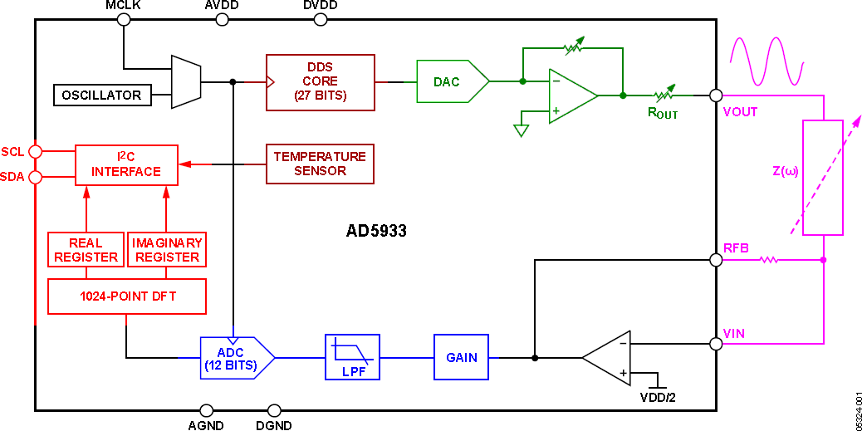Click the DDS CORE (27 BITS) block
click(x=320, y=81)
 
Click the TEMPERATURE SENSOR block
click(x=320, y=164)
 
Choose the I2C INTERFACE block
click(x=126, y=164)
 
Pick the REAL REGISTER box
click(x=86, y=250)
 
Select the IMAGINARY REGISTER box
click(x=167, y=250)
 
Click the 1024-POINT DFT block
click(x=127, y=296)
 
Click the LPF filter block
click(x=352, y=357)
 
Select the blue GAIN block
click(x=461, y=357)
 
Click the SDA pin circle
click(x=35, y=177)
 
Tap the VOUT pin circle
click(x=716, y=96)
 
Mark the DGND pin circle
click(x=274, y=410)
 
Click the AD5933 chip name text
click(x=376, y=231)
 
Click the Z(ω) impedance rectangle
click(x=822, y=178)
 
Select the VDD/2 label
click(x=659, y=397)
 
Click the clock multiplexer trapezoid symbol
click(x=185, y=81)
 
